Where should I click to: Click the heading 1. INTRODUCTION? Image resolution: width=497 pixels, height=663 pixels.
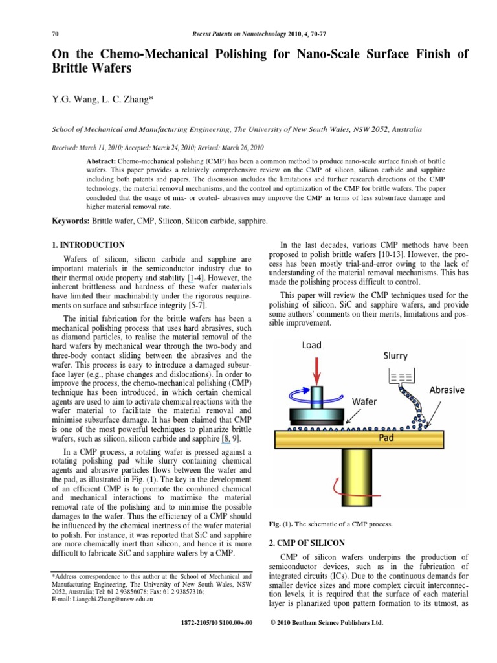(88, 245)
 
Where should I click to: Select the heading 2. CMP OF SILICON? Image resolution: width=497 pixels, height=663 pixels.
(307, 542)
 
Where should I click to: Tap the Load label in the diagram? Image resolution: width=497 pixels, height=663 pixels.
(311, 346)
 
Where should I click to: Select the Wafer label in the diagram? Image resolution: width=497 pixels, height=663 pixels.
(364, 401)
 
